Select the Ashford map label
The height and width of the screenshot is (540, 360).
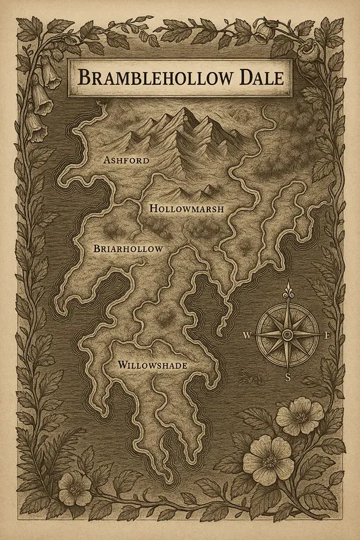click(x=126, y=161)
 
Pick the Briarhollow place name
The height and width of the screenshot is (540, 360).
click(x=127, y=249)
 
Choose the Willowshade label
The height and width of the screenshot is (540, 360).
click(x=152, y=365)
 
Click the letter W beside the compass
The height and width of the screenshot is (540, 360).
click(x=247, y=335)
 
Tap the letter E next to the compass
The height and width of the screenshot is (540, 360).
click(x=328, y=335)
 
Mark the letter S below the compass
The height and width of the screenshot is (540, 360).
click(x=287, y=377)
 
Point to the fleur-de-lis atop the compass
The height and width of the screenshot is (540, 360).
click(x=288, y=291)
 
